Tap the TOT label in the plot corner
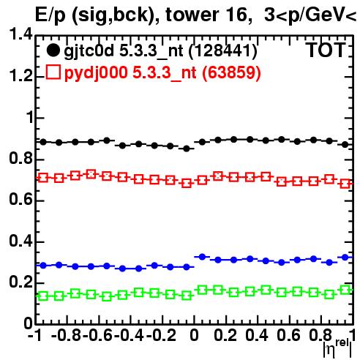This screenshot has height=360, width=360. point(326,50)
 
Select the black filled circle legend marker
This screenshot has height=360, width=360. point(53,50)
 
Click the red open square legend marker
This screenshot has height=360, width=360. point(53,72)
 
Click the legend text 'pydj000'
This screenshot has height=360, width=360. point(96,73)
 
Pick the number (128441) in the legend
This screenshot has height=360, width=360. point(223,51)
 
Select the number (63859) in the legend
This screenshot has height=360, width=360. point(231,72)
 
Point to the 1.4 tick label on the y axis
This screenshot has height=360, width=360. point(20,35)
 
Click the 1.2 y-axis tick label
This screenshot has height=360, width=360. point(20,77)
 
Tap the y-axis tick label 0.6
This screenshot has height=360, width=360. point(20,200)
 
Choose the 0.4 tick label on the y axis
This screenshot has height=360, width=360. point(20,241)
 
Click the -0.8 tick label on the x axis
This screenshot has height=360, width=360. point(66,335)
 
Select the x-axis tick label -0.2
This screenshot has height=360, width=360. point(161,335)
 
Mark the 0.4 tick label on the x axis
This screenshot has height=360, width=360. point(257,335)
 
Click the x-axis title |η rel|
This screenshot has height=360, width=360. point(337,348)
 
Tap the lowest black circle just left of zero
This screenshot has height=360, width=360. point(187,149)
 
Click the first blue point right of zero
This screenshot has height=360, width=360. point(202,257)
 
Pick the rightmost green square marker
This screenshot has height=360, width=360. point(345,290)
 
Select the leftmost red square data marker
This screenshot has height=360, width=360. point(43,178)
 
